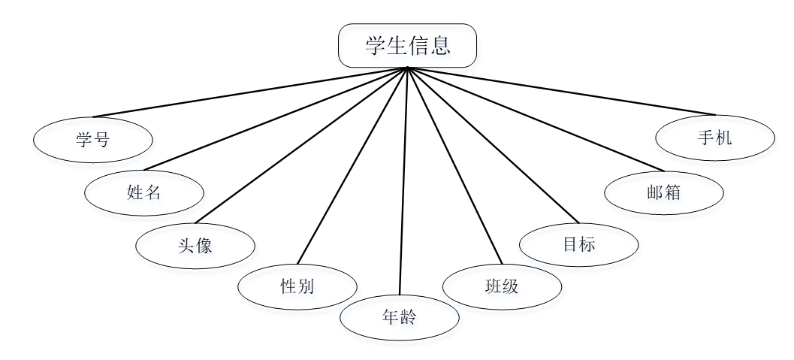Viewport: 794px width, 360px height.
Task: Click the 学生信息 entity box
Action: pos(407,46)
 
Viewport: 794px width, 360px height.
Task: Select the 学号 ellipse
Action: pos(93,140)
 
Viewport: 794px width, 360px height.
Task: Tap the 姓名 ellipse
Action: pos(144,193)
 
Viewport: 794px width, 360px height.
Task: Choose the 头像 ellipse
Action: pos(195,246)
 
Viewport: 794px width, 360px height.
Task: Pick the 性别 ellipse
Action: pos(297,286)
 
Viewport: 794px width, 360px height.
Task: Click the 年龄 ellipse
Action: pos(399,318)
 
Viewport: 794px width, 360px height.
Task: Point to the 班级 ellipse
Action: pos(502,286)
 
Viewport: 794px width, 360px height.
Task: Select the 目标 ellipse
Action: pos(578,244)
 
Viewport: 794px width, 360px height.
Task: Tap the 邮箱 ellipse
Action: pos(664,192)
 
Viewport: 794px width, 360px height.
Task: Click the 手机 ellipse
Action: pos(714,138)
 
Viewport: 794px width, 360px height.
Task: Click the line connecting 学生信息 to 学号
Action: pos(250,92)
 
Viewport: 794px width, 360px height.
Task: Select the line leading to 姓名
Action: pos(276,119)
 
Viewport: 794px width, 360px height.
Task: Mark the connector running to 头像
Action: pos(301,145)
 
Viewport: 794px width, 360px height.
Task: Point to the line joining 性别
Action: pos(352,166)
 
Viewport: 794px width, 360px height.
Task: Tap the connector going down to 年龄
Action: pos(403,181)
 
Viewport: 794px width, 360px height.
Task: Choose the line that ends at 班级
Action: pos(454,166)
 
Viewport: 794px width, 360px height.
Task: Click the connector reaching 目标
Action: pos(493,145)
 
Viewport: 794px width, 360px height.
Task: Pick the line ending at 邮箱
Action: pos(536,119)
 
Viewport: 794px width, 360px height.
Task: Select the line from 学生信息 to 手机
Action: pos(561,92)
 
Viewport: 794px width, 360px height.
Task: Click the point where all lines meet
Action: pos(407,68)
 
